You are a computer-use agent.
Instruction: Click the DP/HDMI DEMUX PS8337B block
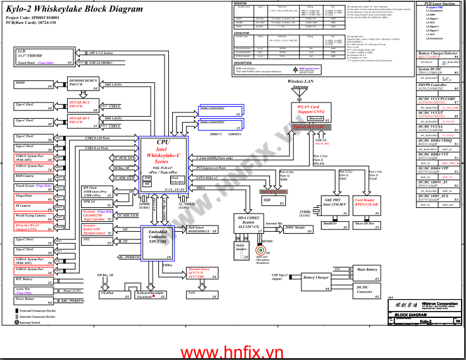pos(82,86)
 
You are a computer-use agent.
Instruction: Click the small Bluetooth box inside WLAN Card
pos(316,119)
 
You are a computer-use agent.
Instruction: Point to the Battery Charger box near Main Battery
pos(315,278)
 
